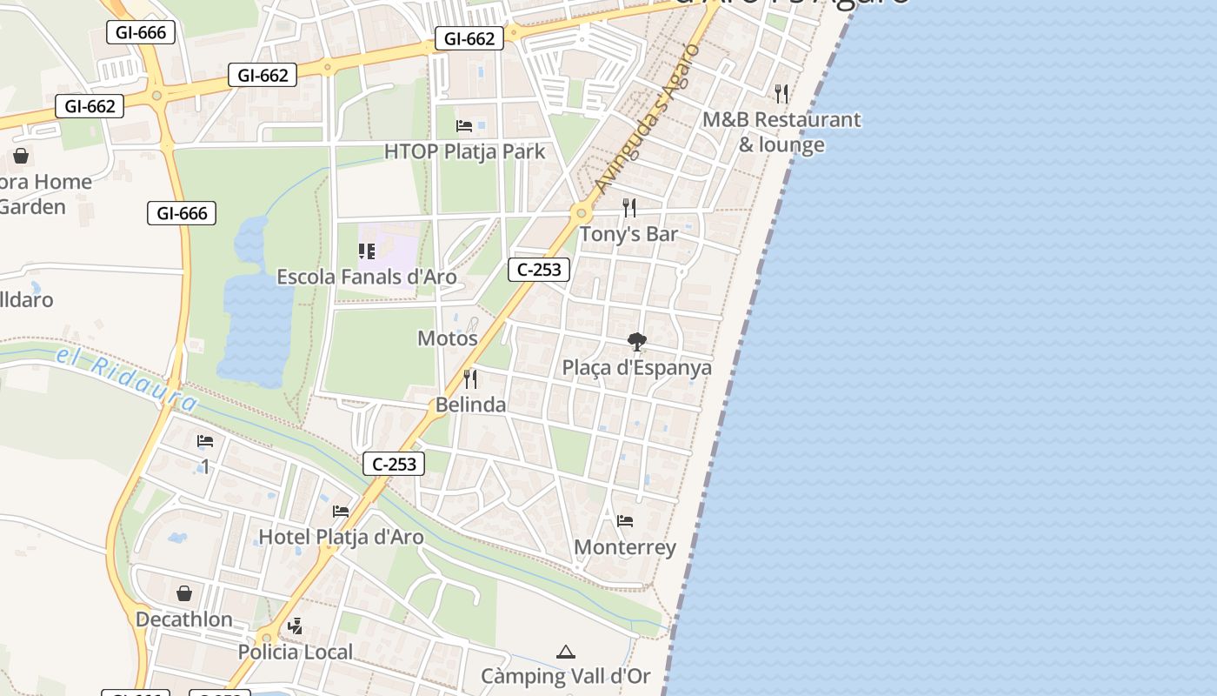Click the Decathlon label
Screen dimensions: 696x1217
click(184, 619)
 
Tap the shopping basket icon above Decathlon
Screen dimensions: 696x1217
click(184, 594)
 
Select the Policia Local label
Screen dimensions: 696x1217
click(296, 652)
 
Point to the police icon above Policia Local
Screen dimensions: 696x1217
click(296, 626)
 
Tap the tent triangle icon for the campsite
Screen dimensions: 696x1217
click(566, 652)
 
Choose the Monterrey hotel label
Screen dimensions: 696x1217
click(625, 547)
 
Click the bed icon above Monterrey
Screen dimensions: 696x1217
click(625, 522)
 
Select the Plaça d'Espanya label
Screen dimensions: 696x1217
click(636, 367)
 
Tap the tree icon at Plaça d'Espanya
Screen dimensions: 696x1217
click(637, 342)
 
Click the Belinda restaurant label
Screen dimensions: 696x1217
click(470, 405)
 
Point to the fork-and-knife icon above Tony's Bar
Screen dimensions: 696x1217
click(629, 208)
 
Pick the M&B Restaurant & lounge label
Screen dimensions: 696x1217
click(781, 131)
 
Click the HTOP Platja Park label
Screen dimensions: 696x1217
click(465, 151)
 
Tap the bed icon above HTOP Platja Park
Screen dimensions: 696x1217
click(464, 126)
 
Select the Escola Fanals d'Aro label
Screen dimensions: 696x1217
click(367, 277)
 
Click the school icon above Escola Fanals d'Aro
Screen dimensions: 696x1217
click(367, 251)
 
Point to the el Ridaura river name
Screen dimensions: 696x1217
click(127, 378)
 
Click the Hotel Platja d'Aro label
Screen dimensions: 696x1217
click(341, 537)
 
